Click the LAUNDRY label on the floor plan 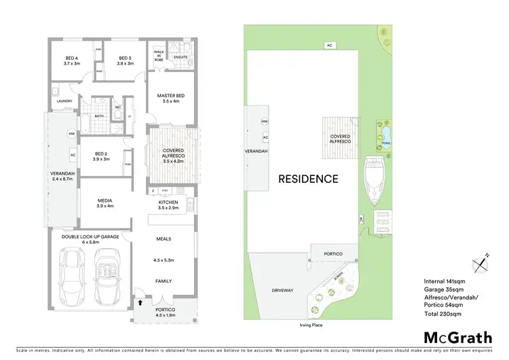(x=56, y=102)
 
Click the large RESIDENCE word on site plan (x=307, y=179)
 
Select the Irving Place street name (x=309, y=325)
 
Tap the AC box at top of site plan (x=330, y=46)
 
